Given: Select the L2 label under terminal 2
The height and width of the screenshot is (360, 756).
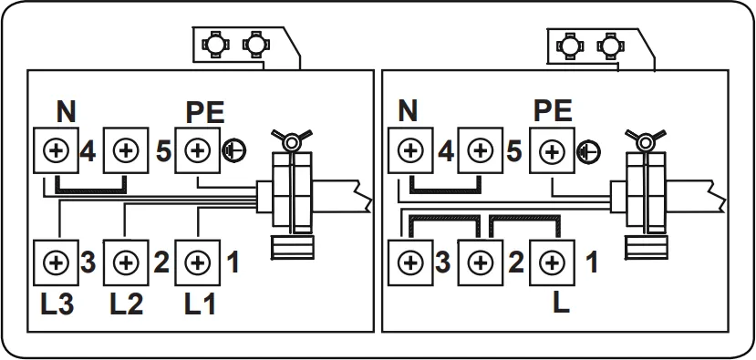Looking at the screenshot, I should click(x=126, y=303).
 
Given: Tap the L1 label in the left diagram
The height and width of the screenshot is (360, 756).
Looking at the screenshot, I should click(x=197, y=303).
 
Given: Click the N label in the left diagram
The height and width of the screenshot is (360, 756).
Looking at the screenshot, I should click(x=66, y=112).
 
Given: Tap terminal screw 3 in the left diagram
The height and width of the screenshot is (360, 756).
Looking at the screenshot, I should click(x=56, y=263).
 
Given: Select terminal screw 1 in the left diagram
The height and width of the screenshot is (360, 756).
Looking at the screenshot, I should click(x=196, y=263).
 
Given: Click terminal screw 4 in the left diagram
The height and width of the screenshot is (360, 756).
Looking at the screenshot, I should click(x=56, y=150).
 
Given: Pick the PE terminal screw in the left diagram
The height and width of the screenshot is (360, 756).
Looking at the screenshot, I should click(x=196, y=150).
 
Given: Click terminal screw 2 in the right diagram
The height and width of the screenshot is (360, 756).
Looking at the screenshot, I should click(x=481, y=263).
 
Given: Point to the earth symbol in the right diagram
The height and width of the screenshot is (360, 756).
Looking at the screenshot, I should click(x=587, y=150).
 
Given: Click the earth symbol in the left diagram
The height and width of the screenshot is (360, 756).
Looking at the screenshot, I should click(x=232, y=150).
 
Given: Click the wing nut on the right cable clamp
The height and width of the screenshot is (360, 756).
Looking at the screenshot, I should click(x=646, y=140).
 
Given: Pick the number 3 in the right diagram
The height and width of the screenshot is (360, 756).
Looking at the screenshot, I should click(x=442, y=263).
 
